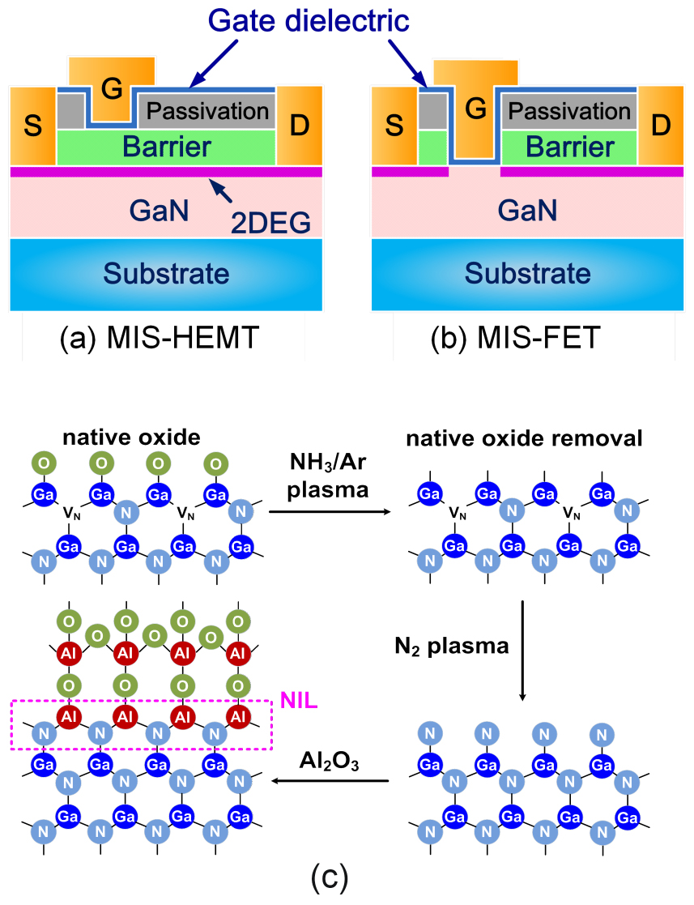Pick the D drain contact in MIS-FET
661,126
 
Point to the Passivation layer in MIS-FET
569,110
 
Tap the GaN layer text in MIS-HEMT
159,211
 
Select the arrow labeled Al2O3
330,781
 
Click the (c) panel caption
330,876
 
